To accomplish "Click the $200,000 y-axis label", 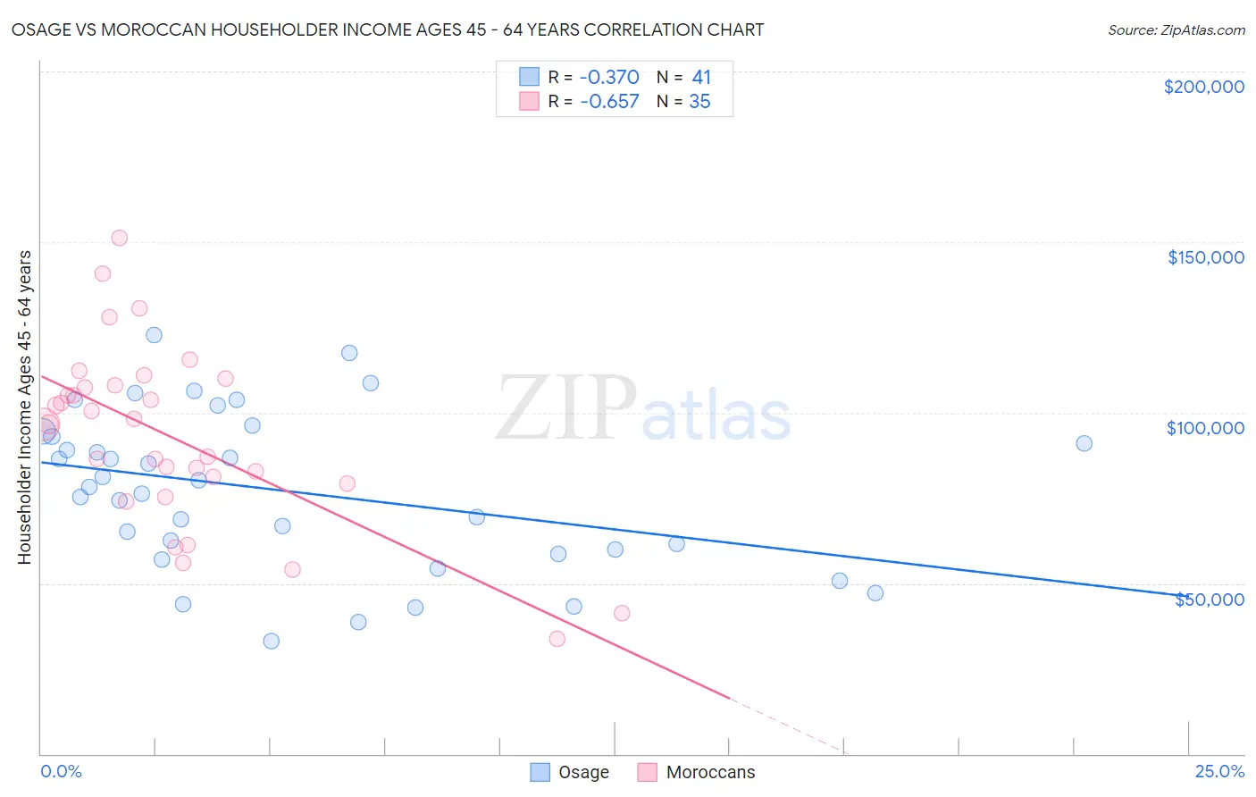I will (1203, 87).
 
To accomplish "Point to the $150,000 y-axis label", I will (1205, 257).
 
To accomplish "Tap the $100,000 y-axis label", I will (1205, 428).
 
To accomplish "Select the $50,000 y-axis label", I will (1209, 599).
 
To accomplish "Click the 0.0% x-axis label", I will (61, 771).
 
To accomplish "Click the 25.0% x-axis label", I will (1219, 771).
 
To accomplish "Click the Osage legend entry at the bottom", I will (570, 772).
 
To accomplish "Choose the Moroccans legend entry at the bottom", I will (697, 772).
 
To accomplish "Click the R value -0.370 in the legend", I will (609, 78).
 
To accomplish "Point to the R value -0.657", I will (609, 102).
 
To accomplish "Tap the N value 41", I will (701, 78).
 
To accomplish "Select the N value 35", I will (699, 102).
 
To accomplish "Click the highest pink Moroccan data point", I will (119, 238).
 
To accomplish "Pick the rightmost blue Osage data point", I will (1084, 443).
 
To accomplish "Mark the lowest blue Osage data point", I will (271, 641).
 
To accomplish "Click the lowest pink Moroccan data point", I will (557, 638).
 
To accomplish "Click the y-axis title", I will (25, 407).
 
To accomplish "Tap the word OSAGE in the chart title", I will (40, 29).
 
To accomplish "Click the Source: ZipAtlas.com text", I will (1176, 30).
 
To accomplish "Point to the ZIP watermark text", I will (565, 409).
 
